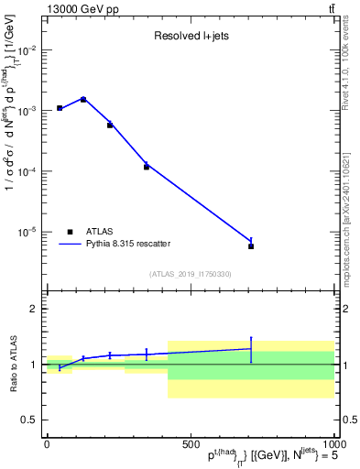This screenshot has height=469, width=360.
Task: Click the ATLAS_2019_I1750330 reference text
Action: (190, 273)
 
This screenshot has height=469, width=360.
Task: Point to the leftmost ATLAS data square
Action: (60, 108)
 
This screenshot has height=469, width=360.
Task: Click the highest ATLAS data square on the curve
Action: (83, 99)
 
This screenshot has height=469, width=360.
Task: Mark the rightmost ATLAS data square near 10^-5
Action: (251, 246)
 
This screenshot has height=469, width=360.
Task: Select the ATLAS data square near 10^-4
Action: (147, 167)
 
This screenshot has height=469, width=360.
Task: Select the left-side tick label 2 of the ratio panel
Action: (33, 309)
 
